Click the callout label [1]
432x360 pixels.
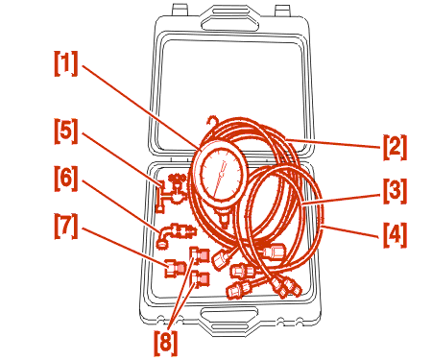[x=66, y=63]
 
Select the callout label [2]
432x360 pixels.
[x=395, y=147]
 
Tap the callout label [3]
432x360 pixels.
[x=395, y=191]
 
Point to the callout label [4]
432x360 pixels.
[x=395, y=235]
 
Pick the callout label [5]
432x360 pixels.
[x=66, y=131]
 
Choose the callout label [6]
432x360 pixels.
[x=66, y=179]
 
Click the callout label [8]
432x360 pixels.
[x=165, y=344]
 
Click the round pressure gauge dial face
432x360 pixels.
[x=221, y=175]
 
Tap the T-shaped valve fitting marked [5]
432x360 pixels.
[x=171, y=193]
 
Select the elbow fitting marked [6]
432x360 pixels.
[x=176, y=234]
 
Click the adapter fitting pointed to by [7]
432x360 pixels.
[x=176, y=268]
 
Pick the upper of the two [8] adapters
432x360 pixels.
[x=200, y=254]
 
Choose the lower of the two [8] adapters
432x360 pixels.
[x=200, y=278]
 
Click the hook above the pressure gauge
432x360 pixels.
[x=212, y=124]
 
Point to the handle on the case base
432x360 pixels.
[x=229, y=318]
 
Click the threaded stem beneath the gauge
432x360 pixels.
[x=224, y=218]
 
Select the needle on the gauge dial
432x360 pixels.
[x=220, y=179]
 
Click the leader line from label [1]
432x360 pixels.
[x=140, y=107]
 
